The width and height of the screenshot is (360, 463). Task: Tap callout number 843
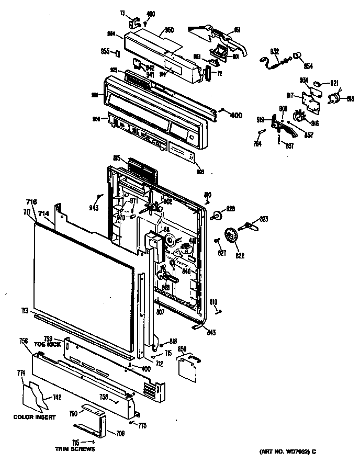coord(211,333)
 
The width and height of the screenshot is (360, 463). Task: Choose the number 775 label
coord(142,425)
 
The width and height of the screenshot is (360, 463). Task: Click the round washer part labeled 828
coord(216,214)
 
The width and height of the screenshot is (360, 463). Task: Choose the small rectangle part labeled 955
coord(120,53)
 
